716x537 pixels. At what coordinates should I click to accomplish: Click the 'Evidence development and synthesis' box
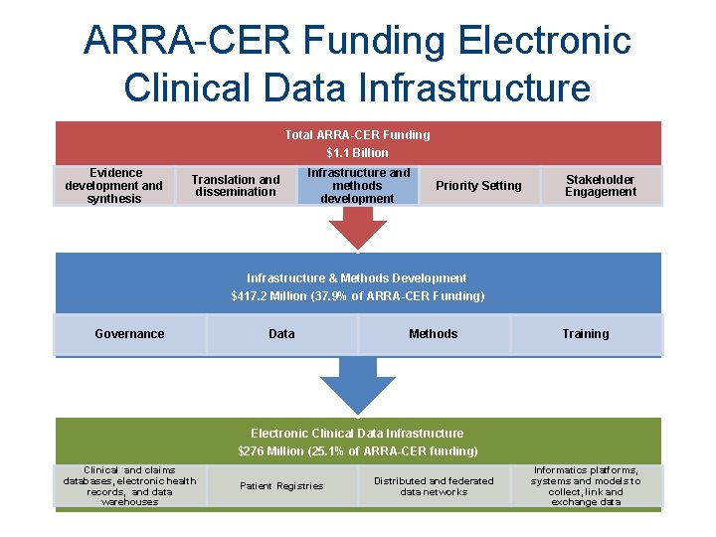point(113,186)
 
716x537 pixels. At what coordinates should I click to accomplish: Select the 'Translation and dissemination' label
point(236,186)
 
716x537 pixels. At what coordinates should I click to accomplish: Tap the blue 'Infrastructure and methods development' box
point(357,186)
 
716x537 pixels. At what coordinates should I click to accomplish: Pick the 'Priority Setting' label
point(478,186)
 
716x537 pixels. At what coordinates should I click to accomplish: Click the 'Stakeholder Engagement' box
point(601,186)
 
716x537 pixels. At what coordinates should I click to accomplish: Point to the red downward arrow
point(357,231)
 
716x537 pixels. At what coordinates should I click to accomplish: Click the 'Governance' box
point(129,334)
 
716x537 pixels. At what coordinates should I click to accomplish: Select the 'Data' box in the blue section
point(281,334)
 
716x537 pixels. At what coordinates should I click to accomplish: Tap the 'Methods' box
point(434,334)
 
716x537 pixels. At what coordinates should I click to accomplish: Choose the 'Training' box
point(586,334)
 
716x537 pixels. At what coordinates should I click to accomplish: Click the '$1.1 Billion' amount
point(357,152)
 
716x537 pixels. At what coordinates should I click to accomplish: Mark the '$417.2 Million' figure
point(271,296)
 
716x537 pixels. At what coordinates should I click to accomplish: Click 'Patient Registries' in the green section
point(281,486)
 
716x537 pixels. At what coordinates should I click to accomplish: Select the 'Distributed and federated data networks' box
point(434,486)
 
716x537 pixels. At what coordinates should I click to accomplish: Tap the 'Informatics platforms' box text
point(586,486)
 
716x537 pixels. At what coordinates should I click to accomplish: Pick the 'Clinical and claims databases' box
point(129,486)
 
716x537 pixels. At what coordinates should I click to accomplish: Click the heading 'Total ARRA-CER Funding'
point(357,134)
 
